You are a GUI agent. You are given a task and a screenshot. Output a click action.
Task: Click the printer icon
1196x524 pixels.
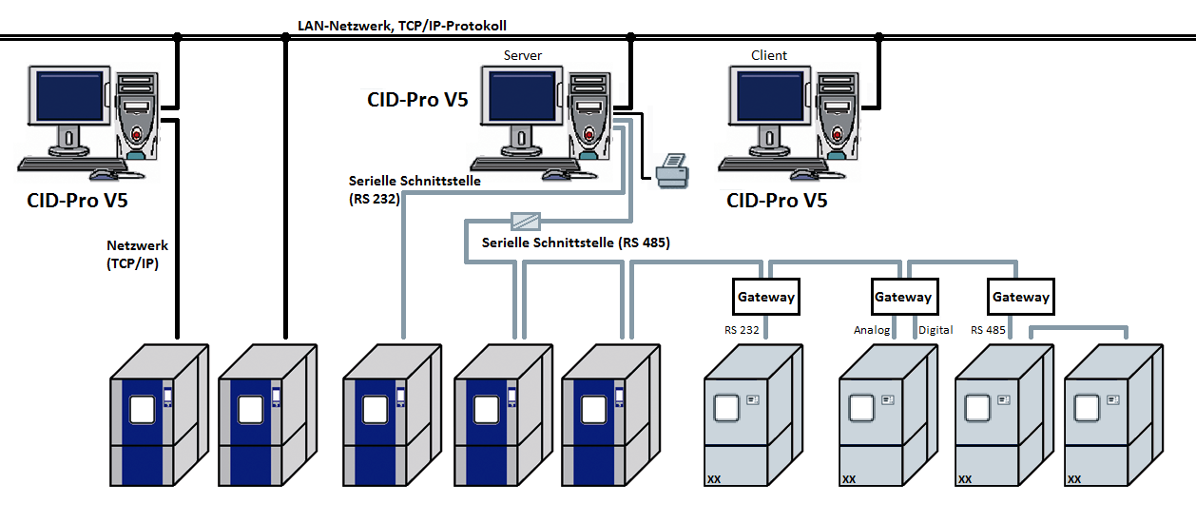[673, 170]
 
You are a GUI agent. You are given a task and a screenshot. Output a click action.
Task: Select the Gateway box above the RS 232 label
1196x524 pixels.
[765, 297]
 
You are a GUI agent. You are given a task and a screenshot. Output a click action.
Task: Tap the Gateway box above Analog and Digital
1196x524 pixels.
[904, 297]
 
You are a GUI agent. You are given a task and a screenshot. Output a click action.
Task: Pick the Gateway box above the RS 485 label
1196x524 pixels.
[1021, 297]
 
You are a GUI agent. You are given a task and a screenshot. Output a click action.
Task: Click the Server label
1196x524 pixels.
[522, 55]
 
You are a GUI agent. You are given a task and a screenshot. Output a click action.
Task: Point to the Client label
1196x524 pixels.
[769, 55]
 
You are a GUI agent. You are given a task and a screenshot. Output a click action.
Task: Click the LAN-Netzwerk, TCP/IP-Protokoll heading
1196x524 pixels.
[402, 26]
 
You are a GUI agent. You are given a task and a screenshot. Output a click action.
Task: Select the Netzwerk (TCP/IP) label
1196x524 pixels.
[137, 254]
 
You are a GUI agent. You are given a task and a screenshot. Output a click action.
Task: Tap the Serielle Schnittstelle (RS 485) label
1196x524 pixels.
[575, 243]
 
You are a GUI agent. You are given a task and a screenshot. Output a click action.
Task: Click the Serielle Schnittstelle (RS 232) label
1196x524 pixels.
[415, 189]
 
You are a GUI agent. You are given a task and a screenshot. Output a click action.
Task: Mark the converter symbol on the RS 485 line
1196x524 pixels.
[526, 221]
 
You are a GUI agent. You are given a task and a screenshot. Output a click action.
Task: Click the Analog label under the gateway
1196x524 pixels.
[872, 330]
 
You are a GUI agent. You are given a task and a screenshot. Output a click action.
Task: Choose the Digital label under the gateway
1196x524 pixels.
[936, 330]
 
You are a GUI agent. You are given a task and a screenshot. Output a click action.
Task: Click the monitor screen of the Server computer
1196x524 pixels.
[522, 97]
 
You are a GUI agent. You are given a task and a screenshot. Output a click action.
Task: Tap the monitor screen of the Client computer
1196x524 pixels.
[770, 97]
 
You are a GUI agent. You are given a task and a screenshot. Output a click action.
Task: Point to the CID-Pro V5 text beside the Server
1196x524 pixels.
[417, 100]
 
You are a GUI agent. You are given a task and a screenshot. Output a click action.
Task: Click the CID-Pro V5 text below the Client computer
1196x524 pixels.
[777, 201]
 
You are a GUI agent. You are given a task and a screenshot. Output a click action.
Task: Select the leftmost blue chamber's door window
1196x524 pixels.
[143, 410]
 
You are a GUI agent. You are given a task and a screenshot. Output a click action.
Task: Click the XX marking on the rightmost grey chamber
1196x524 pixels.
[1074, 479]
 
